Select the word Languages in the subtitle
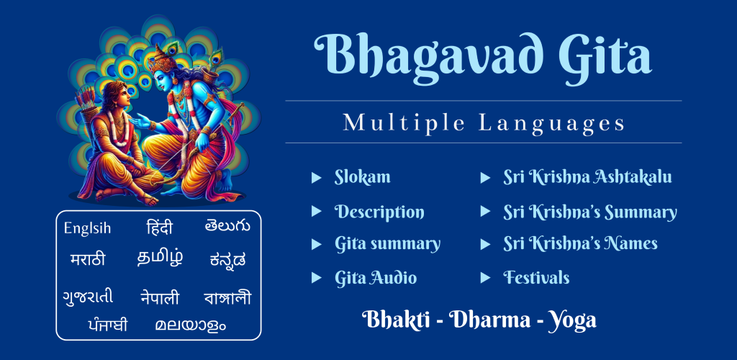click(x=552, y=124)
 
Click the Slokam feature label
click(x=363, y=177)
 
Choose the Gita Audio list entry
click(x=376, y=278)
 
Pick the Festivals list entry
click(x=536, y=277)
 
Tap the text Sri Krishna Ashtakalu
click(x=587, y=177)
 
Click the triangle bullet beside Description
click(x=317, y=212)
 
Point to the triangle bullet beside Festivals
click(x=486, y=278)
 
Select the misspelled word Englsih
click(x=87, y=229)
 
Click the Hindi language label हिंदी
click(x=159, y=228)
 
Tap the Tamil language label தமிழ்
click(x=160, y=258)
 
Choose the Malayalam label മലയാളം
click(x=190, y=325)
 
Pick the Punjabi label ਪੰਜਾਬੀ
click(x=107, y=324)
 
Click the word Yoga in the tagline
click(x=572, y=321)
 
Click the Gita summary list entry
click(x=387, y=244)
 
